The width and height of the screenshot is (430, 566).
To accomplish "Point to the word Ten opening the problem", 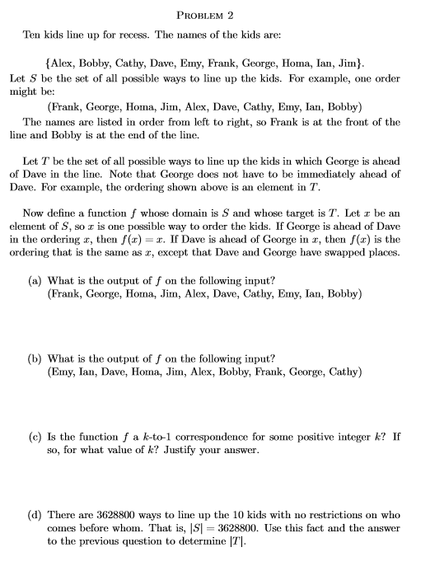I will (31, 36).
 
